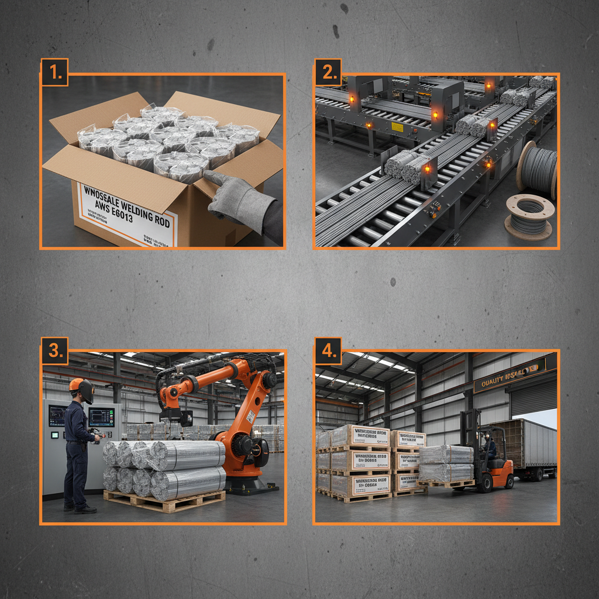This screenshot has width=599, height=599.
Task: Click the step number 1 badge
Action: [54, 73]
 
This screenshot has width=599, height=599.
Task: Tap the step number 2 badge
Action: [328, 73]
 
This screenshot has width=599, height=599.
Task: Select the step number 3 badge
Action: [54, 351]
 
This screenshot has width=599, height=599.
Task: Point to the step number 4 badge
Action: [328, 351]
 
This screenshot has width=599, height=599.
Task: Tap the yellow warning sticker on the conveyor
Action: [397, 126]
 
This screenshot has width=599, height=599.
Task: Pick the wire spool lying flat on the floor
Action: [528, 217]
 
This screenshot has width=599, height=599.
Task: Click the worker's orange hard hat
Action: [76, 384]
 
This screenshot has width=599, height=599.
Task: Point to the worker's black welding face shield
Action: [87, 391]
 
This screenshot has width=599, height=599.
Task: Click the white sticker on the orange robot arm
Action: [250, 417]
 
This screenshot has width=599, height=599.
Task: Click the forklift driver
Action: [490, 447]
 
